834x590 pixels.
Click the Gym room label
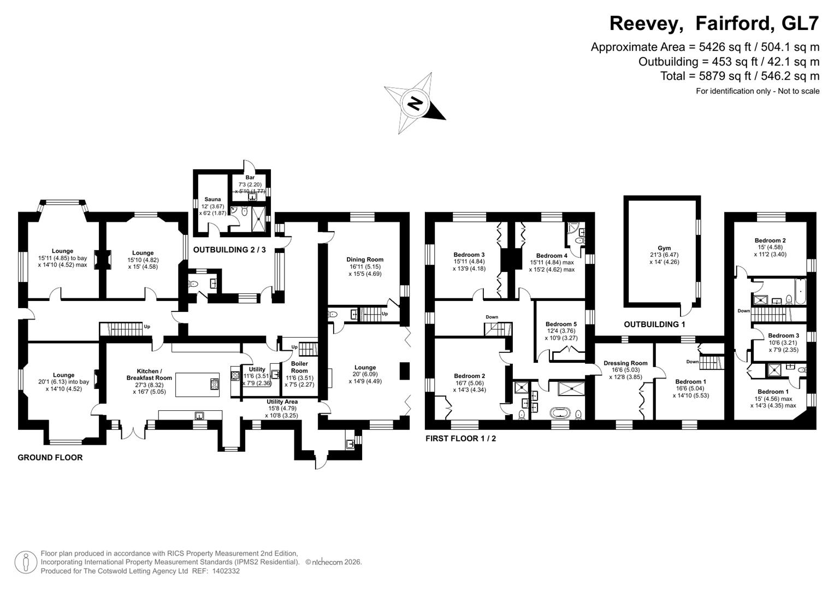664,248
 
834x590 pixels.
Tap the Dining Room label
365,259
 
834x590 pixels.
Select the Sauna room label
212,199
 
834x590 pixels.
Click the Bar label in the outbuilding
250,178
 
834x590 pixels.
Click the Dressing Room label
625,363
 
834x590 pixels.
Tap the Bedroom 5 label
561,324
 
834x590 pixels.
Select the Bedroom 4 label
552,256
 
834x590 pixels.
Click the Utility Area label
282,402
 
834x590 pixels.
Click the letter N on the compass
416,103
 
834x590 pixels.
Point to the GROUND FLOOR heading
50,458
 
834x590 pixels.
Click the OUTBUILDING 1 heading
654,324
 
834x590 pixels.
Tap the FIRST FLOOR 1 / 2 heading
460,438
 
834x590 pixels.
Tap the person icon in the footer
26,562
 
